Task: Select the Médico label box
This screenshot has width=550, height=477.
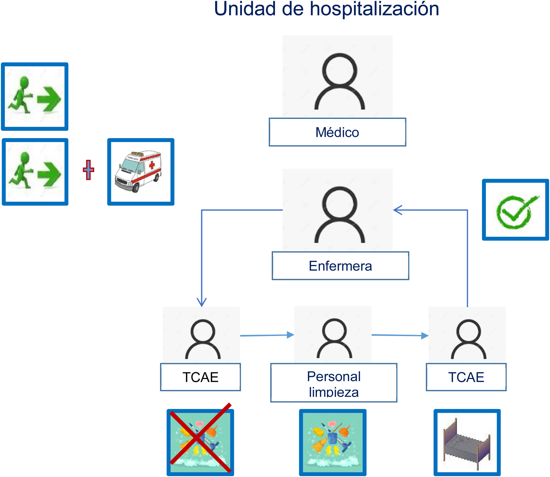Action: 337,132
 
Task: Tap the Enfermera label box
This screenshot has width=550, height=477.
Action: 340,266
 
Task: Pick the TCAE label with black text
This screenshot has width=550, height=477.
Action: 200,377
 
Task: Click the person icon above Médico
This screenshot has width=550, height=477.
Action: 339,81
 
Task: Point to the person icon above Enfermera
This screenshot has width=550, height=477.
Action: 339,214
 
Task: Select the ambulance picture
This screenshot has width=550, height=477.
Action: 138,171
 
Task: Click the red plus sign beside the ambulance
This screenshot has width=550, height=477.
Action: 88,170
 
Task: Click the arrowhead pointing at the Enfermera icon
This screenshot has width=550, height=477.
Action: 397,210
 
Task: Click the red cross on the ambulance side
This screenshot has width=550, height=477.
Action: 152,165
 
